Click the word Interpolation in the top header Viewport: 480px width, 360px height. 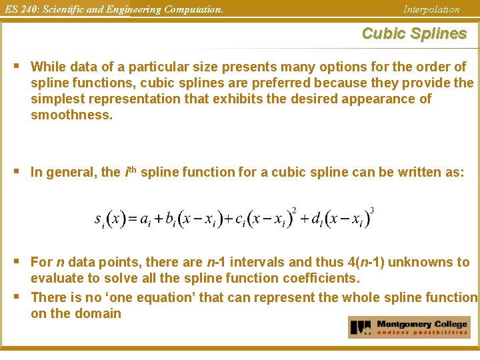point(431,9)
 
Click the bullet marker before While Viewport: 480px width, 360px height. point(17,66)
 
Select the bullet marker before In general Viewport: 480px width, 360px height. point(17,171)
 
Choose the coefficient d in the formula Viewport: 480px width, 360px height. point(317,219)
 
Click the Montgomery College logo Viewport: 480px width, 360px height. point(409,327)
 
